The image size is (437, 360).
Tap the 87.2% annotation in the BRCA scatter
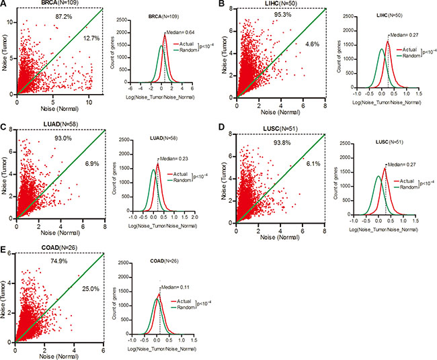click(63, 15)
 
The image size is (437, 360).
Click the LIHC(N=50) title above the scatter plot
click(260, 5)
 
